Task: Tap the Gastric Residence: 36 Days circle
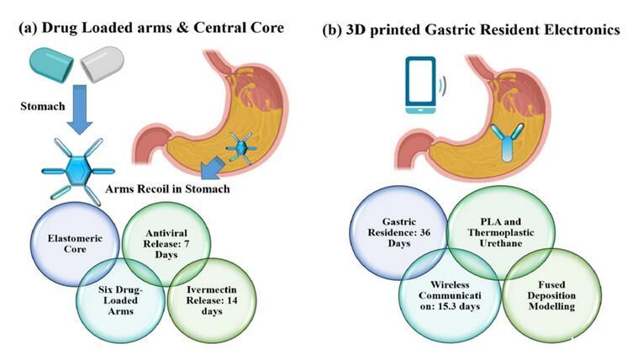click(398, 227)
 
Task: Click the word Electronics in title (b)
click(581, 29)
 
